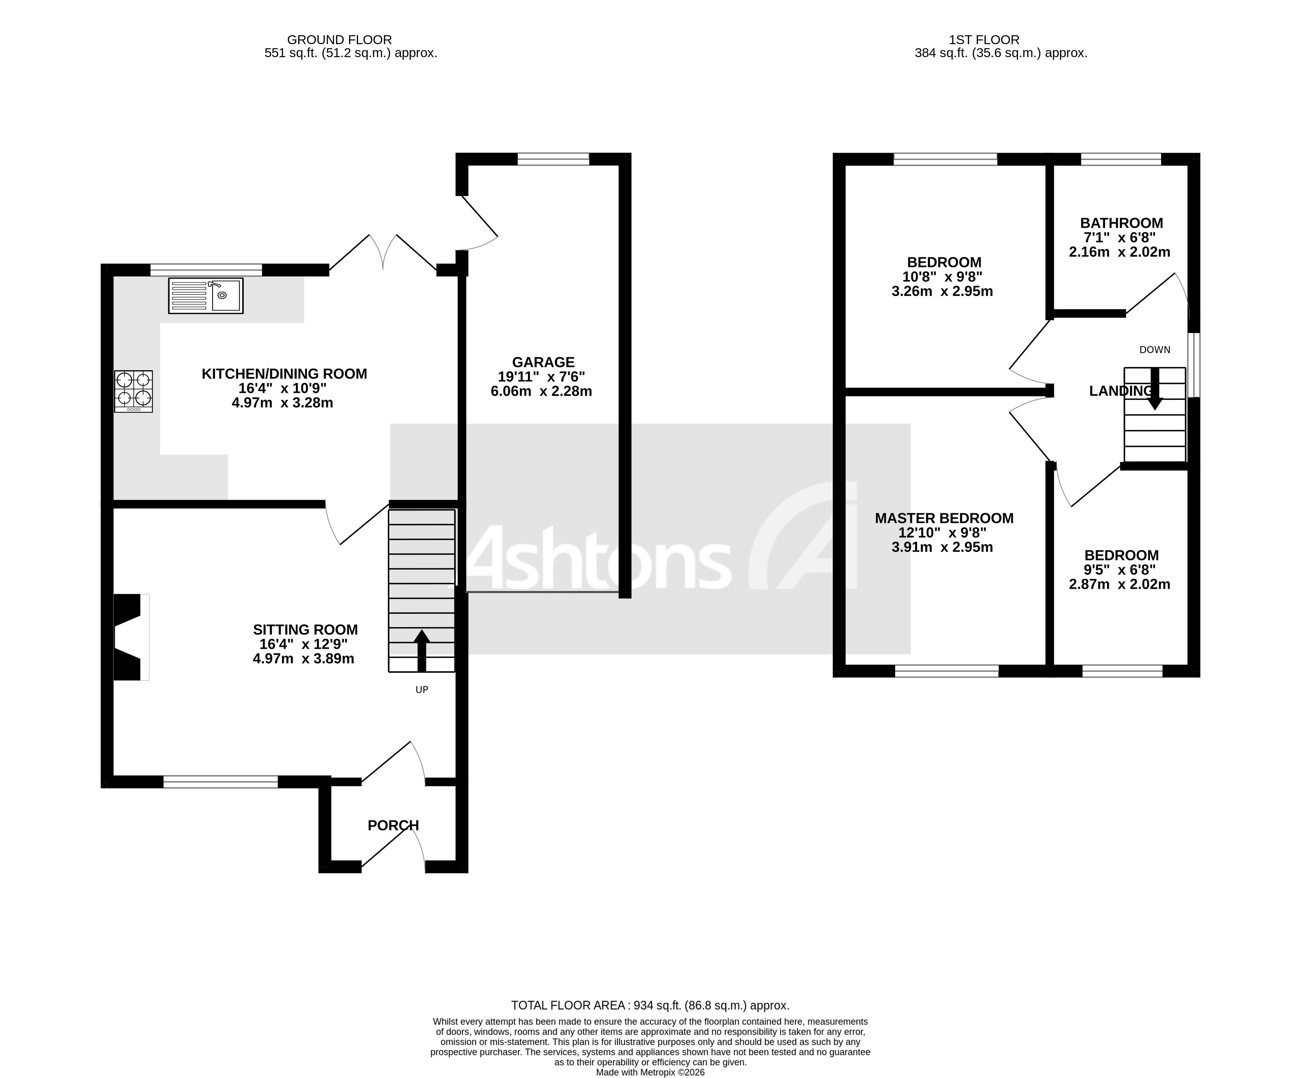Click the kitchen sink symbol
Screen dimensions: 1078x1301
205,296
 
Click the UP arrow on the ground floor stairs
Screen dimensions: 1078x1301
421,651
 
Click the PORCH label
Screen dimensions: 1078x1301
393,825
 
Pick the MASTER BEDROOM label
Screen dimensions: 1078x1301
943,518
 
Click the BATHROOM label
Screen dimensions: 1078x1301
1121,223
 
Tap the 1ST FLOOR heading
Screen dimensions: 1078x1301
984,40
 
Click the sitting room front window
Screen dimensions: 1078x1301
221,782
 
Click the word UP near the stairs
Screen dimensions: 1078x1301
421,690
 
